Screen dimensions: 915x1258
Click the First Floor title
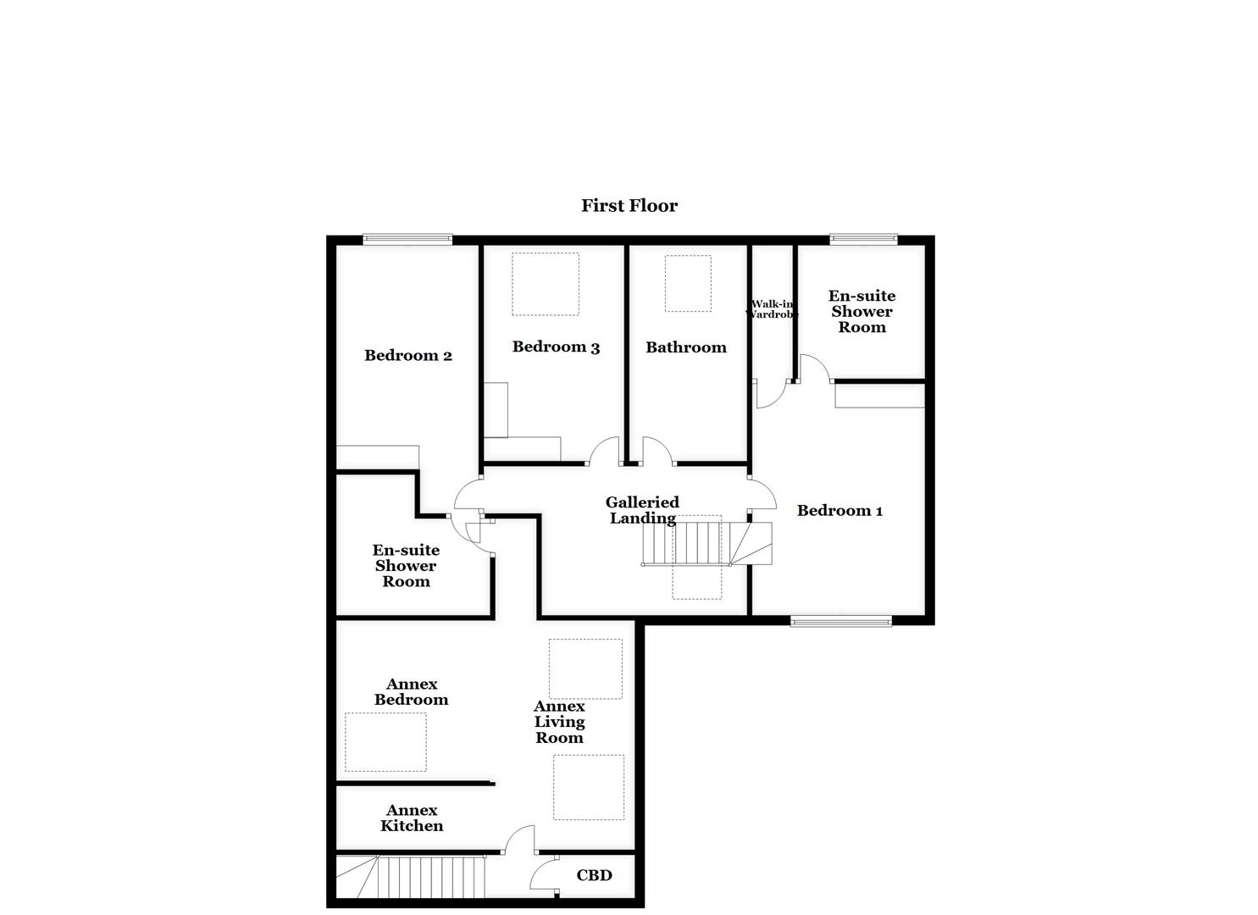(x=629, y=206)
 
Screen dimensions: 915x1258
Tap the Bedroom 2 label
(x=407, y=356)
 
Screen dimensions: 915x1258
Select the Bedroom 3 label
(x=556, y=347)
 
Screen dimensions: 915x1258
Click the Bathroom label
(x=685, y=347)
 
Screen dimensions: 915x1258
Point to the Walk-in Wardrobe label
(x=772, y=309)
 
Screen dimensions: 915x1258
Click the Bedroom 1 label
(x=840, y=511)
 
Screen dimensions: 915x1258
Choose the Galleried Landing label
(x=642, y=510)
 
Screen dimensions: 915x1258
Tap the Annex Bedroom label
(x=411, y=692)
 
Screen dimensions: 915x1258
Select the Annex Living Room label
(x=559, y=722)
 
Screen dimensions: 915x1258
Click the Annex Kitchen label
(x=412, y=818)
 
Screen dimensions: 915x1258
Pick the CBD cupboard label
(x=594, y=875)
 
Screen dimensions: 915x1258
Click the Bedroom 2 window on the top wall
(x=407, y=240)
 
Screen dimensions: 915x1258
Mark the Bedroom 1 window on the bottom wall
(x=840, y=621)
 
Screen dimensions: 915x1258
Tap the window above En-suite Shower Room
(x=863, y=239)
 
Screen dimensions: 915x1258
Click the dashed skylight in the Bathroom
(x=687, y=284)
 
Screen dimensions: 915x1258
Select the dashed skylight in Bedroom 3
(x=545, y=284)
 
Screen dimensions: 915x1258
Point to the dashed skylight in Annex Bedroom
(x=385, y=742)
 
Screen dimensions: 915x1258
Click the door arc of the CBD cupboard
(x=542, y=873)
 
